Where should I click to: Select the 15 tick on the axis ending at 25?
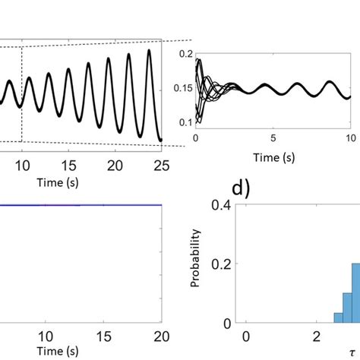(69, 165)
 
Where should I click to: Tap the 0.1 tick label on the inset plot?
(183, 122)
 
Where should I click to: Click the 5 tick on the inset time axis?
(273, 140)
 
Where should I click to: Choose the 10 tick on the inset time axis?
(349, 140)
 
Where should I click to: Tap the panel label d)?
(245, 187)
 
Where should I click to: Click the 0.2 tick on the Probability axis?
(221, 264)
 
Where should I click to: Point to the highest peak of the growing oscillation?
(150, 52)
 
